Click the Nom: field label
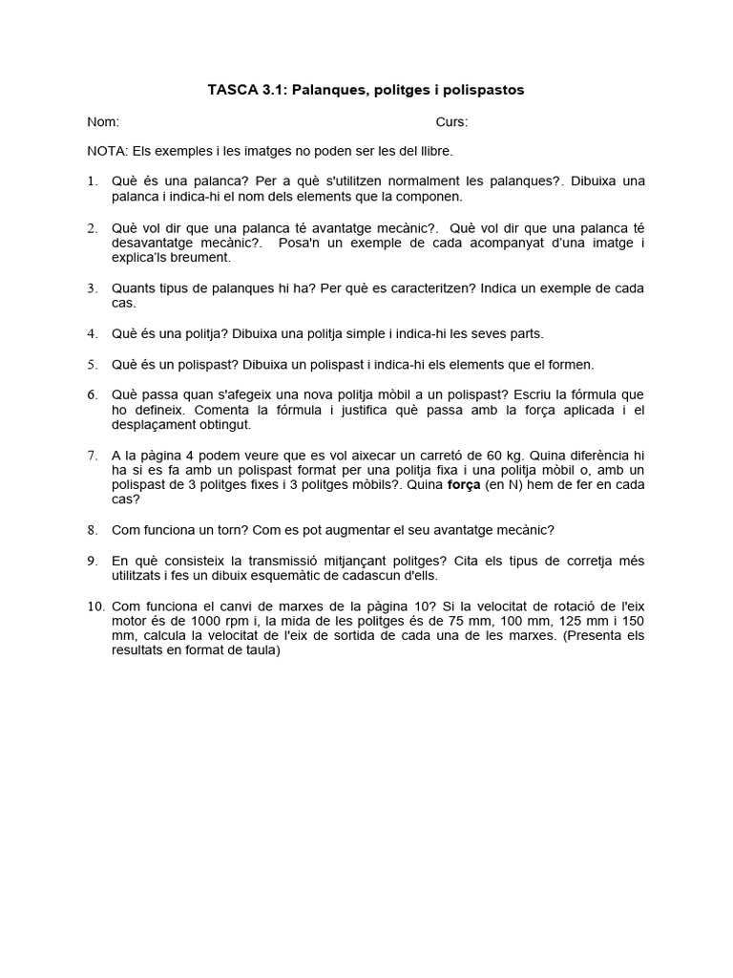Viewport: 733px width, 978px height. (x=103, y=121)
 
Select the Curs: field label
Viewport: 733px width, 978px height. (x=451, y=121)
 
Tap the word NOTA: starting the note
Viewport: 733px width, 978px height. (x=107, y=151)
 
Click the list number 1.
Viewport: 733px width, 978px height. (x=92, y=181)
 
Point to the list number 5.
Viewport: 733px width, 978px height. (x=92, y=364)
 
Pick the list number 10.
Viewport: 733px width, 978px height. (x=95, y=606)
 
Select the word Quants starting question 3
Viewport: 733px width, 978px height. (x=135, y=287)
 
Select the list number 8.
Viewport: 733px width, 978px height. (x=92, y=529)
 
